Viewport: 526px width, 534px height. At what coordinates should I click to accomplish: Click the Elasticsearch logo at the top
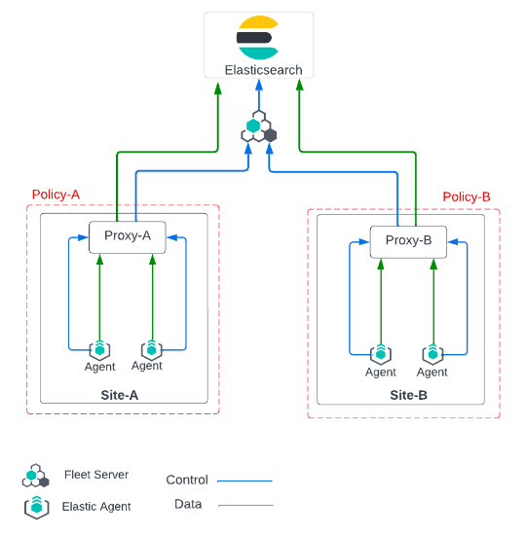258,38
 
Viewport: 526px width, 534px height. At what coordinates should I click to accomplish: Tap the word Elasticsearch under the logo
263,70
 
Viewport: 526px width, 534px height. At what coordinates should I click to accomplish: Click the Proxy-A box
128,236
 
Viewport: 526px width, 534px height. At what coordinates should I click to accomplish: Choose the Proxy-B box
408,241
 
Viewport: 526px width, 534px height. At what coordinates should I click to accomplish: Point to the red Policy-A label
56,195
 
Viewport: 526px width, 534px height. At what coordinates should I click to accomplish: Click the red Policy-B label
467,196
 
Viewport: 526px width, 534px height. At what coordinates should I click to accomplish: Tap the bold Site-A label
120,395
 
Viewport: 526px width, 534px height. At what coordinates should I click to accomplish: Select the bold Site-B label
408,396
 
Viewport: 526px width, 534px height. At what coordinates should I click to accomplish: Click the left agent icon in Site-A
99,349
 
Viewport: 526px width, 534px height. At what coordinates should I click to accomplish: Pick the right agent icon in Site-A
151,348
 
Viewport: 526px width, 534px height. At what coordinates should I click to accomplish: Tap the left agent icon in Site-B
380,354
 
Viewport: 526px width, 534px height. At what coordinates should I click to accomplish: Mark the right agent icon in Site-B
432,354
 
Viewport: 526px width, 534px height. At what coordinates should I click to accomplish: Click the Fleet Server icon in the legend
35,477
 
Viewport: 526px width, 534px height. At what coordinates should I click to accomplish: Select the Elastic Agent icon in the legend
36,507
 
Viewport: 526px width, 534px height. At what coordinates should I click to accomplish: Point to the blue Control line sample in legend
244,481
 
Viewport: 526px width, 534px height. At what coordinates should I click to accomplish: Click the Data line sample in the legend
245,505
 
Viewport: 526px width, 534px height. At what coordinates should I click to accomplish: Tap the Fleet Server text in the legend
96,475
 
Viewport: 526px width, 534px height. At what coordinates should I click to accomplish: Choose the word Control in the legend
187,480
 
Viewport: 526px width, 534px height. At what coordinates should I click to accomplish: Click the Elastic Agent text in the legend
96,507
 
